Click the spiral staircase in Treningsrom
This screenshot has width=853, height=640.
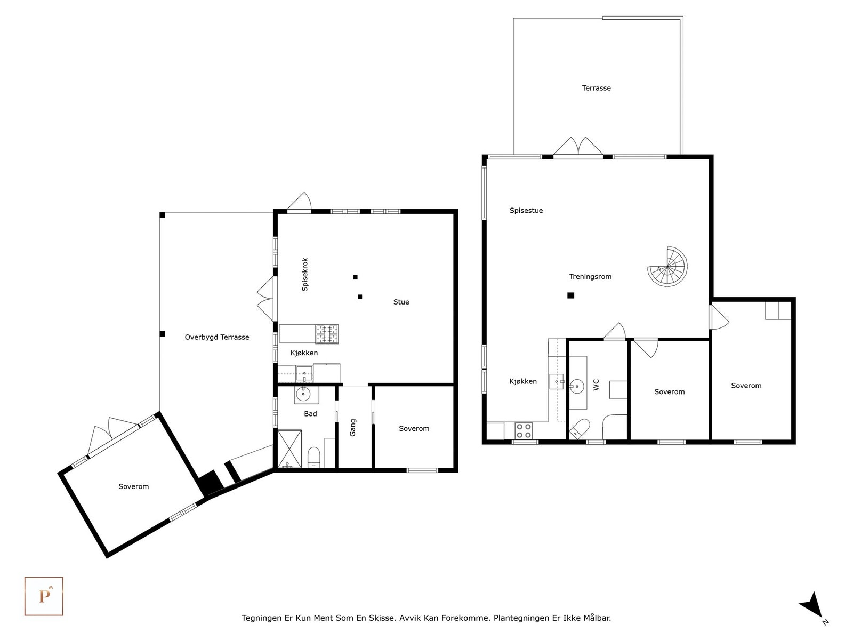[667, 267]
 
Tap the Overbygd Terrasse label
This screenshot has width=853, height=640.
[217, 337]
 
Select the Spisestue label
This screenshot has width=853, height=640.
[526, 211]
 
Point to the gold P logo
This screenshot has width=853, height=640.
[44, 596]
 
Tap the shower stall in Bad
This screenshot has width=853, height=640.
[289, 449]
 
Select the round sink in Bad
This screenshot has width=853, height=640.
[303, 394]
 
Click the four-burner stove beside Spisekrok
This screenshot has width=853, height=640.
[327, 334]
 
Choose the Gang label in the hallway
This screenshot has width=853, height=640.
[353, 427]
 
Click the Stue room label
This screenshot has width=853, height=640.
[401, 302]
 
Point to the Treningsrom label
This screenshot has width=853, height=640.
[590, 277]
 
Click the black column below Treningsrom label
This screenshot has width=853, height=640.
[570, 295]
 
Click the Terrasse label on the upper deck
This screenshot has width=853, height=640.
[596, 88]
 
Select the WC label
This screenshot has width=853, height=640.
[597, 385]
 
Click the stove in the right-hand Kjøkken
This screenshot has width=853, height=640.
[524, 430]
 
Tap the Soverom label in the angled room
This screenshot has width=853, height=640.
[134, 486]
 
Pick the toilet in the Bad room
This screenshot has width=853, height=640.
[313, 458]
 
